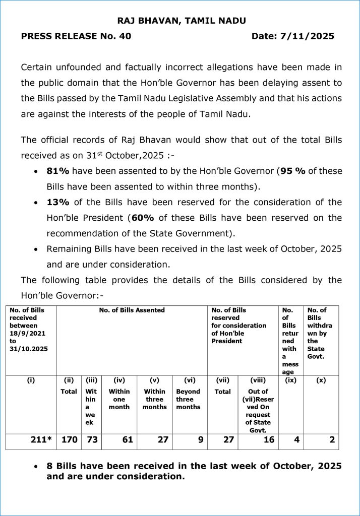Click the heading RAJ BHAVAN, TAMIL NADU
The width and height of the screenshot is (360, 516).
[x=182, y=21]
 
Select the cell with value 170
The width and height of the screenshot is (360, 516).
[x=69, y=439]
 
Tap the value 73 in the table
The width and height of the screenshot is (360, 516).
[x=91, y=439]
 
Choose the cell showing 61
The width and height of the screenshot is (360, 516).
[x=128, y=439]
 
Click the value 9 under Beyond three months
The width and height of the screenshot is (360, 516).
[x=201, y=439]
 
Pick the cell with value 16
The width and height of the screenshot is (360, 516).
[x=269, y=439]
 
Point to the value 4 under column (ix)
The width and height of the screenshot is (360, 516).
[x=296, y=439]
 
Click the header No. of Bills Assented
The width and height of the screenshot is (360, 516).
[x=132, y=310]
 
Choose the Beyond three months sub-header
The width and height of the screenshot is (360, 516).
[x=188, y=399]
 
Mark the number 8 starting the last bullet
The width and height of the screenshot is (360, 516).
[x=49, y=467]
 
